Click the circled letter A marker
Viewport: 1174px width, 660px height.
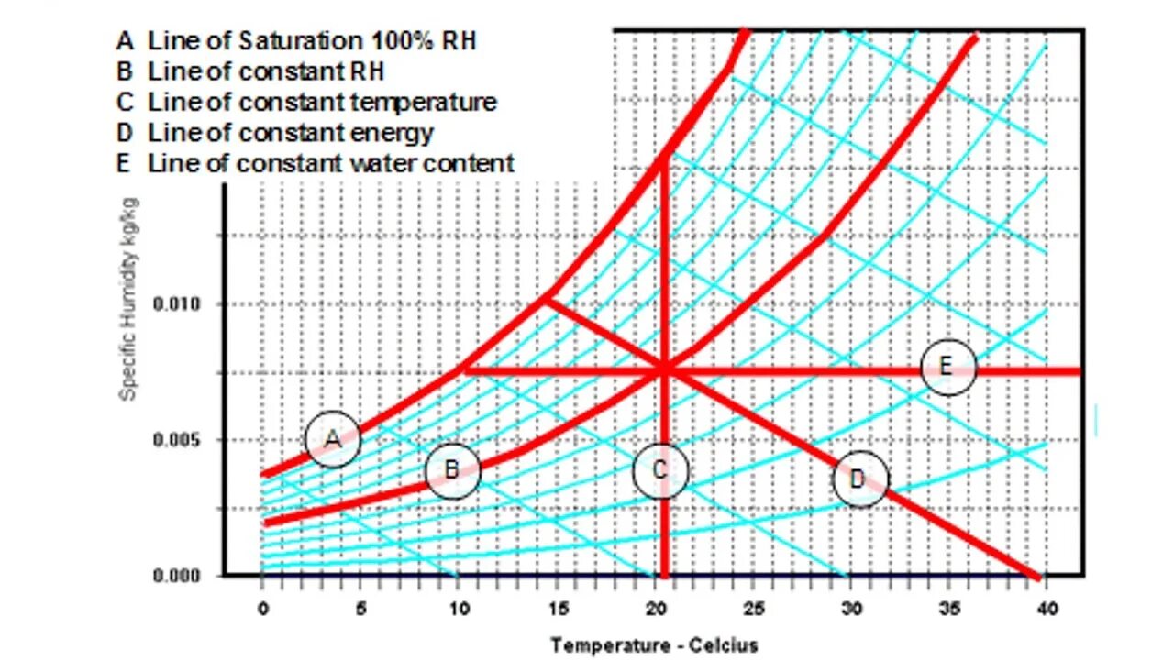point(333,440)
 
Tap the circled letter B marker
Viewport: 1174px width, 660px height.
point(452,471)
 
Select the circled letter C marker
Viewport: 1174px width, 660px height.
point(660,471)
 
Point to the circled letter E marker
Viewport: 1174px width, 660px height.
point(947,368)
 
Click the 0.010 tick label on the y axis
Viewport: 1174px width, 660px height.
point(176,304)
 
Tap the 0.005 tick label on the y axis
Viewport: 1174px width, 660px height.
point(176,440)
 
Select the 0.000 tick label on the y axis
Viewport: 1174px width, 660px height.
point(176,576)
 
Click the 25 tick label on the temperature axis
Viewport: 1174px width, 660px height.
point(755,608)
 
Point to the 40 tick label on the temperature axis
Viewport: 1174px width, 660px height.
point(1047,608)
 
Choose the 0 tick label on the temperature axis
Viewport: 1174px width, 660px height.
point(264,608)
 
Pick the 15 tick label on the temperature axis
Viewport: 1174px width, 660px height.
point(559,608)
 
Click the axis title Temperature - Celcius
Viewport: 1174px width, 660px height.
point(654,645)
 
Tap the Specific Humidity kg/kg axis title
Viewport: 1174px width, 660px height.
point(129,298)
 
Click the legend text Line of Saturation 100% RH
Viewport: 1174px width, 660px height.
point(311,40)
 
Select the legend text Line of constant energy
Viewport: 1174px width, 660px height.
point(290,132)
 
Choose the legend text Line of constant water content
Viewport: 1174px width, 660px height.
point(330,163)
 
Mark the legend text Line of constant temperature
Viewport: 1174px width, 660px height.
point(321,102)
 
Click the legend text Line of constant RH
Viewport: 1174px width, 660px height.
point(265,71)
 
